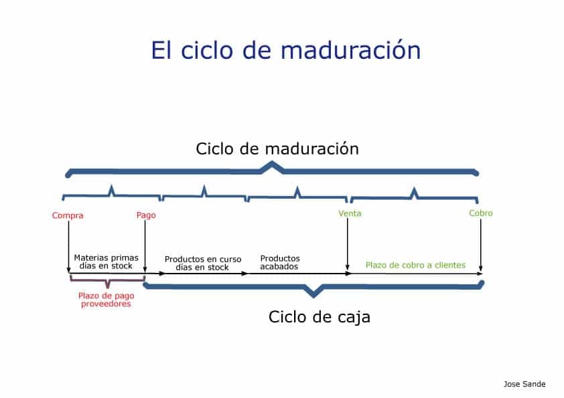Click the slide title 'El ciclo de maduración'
[285, 50]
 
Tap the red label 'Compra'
[68, 215]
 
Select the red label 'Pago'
[146, 215]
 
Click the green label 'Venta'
[350, 213]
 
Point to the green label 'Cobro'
[480, 213]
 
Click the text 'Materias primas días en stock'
[106, 262]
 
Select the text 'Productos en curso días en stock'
[203, 264]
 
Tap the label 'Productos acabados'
[280, 262]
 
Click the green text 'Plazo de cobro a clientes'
[415, 265]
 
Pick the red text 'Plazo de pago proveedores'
[106, 300]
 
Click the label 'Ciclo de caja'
[320, 317]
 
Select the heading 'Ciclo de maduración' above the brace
[277, 148]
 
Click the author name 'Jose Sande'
[524, 384]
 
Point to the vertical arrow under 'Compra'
[69, 247]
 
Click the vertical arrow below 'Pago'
[145, 246]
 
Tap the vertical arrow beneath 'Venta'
[348, 244]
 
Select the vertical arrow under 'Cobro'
[480, 245]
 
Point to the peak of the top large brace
[273, 163]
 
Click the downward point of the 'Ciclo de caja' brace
[313, 297]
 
